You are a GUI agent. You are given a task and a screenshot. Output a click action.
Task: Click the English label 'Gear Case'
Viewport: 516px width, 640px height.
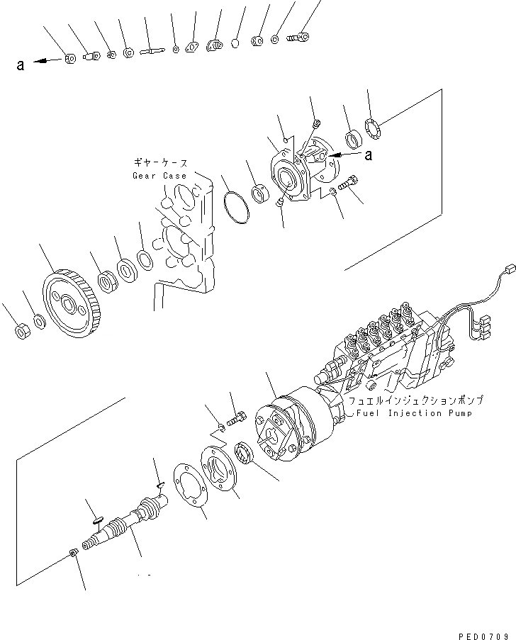pyautogui.click(x=159, y=176)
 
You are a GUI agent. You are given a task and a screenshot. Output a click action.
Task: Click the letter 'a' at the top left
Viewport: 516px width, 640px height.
pyautogui.click(x=21, y=65)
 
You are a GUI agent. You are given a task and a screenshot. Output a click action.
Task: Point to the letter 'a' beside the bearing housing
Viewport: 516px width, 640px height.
pyautogui.click(x=368, y=154)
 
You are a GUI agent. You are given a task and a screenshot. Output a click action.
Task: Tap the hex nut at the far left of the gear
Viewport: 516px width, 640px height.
pyautogui.click(x=21, y=330)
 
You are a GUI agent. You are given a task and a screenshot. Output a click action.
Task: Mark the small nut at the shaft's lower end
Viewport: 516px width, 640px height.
pyautogui.click(x=74, y=554)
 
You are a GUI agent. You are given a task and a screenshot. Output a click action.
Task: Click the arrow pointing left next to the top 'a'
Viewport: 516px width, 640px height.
pyautogui.click(x=47, y=62)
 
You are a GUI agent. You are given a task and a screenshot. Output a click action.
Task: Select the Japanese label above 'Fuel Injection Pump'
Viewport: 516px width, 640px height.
pyautogui.click(x=405, y=400)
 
